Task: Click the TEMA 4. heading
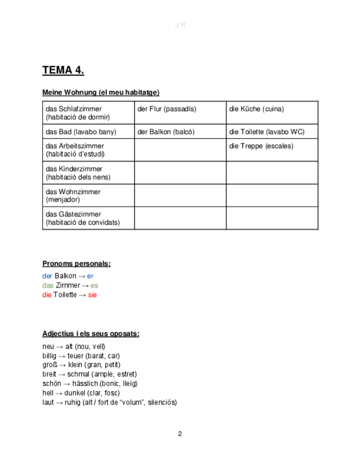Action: point(63,70)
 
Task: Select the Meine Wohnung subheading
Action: point(101,92)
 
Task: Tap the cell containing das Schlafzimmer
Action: point(88,113)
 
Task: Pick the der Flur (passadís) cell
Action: point(180,113)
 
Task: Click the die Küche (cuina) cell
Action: point(272,113)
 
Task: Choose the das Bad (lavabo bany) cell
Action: point(88,132)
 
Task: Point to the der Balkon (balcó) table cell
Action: point(180,132)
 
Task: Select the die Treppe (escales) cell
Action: point(272,149)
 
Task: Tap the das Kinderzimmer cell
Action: point(88,173)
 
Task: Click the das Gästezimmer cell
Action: point(88,218)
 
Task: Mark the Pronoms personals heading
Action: point(76,264)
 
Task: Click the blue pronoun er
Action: point(90,276)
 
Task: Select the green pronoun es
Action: point(95,286)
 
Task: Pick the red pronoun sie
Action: point(92,295)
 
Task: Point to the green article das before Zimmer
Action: point(48,286)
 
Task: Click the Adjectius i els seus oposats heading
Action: point(91,334)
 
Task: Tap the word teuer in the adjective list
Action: point(76,356)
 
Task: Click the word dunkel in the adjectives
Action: point(76,393)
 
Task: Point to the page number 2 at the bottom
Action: point(180,434)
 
